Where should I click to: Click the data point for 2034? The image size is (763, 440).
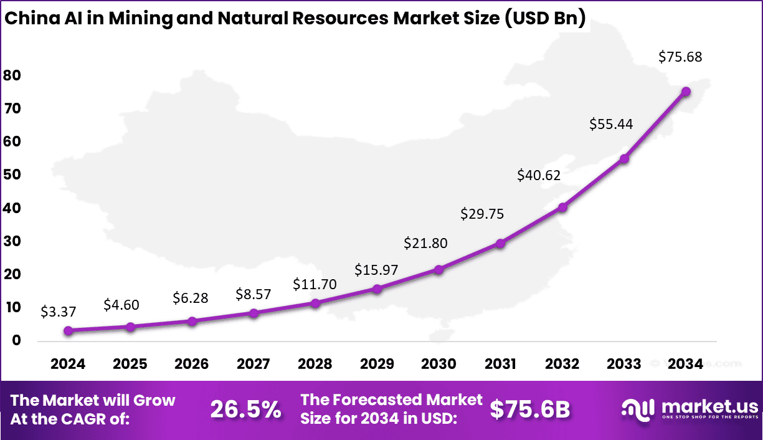pos(686,91)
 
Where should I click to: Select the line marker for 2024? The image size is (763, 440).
pos(69,330)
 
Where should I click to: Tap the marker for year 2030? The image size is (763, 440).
pos(438,269)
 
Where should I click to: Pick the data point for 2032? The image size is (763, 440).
pos(562,207)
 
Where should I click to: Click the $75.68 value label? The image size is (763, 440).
pos(680,57)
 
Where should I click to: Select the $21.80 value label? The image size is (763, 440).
pos(425,243)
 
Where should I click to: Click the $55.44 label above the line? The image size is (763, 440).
pos(611,124)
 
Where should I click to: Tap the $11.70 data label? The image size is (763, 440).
pos(315,285)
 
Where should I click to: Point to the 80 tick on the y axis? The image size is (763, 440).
pos(12,75)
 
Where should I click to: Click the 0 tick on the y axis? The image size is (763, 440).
pos(16,341)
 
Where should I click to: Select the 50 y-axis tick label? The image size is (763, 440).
pos(12,175)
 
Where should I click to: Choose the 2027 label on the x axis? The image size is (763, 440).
pos(254,364)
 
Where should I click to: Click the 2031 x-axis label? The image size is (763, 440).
pos(500,364)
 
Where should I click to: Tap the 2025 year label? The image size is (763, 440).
pos(130,364)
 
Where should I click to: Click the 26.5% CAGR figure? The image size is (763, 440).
pos(245,409)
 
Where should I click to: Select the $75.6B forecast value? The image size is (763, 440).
pos(529,409)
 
